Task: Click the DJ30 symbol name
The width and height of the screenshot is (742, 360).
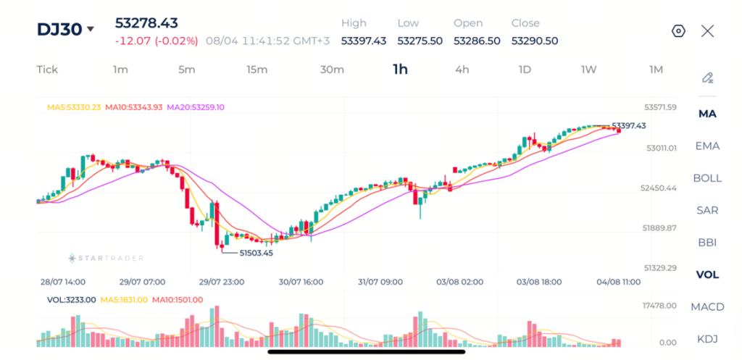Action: click(59, 29)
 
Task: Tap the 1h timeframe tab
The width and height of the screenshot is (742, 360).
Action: click(400, 70)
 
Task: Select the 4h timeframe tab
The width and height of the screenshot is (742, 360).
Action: click(462, 70)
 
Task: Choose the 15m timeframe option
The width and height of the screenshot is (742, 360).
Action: click(257, 70)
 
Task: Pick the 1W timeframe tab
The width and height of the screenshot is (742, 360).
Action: click(588, 70)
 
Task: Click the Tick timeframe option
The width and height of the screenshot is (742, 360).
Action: click(47, 70)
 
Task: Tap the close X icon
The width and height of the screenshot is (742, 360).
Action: click(707, 31)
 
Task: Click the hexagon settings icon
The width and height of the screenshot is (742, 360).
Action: click(678, 31)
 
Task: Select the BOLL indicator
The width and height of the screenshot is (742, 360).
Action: click(707, 178)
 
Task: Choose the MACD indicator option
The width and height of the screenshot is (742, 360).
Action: click(707, 307)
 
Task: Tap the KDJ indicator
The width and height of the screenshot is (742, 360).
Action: click(707, 339)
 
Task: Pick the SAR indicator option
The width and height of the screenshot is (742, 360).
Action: click(707, 211)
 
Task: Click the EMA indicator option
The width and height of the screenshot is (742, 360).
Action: click(707, 146)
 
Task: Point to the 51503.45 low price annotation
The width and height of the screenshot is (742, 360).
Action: click(256, 253)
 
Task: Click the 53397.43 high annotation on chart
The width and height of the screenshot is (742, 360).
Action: click(628, 126)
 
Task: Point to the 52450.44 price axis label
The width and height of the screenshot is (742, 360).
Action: click(658, 188)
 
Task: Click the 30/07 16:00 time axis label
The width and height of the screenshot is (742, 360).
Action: click(301, 282)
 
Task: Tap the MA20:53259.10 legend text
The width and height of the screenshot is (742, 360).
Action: click(196, 107)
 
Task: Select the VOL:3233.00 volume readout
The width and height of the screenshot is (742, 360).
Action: click(72, 299)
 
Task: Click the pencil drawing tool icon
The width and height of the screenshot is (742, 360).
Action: click(707, 78)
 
